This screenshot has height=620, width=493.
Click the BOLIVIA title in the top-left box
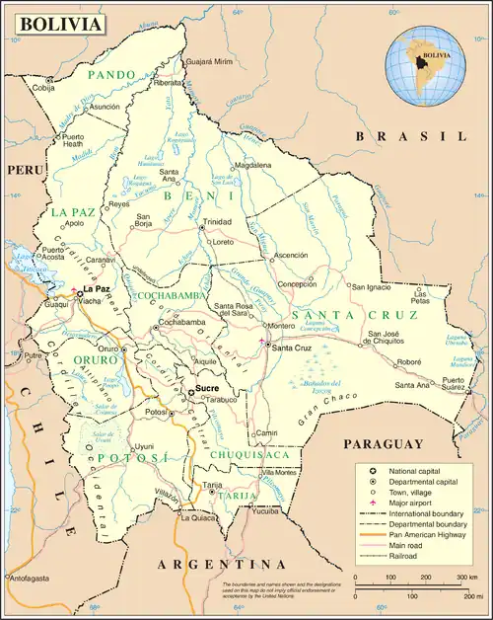pos(61,23)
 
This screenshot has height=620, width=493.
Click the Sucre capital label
pos(207,389)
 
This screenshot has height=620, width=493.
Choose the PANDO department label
pos(111,74)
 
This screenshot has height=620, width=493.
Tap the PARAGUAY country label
pos(385,443)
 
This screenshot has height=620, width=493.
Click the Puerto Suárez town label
pos(453,384)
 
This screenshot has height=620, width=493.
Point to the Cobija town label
pos(45,88)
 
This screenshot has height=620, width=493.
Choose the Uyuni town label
pos(144,446)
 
